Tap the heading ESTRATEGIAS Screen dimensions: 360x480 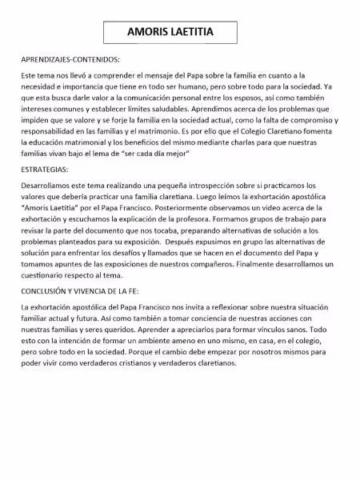46,170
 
